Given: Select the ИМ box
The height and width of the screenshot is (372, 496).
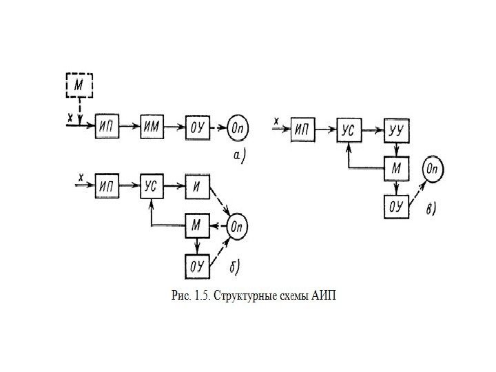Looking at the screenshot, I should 152,127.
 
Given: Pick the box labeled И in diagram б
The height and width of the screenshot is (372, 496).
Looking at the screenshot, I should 196,186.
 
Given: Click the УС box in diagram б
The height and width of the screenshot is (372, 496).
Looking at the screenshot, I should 152,186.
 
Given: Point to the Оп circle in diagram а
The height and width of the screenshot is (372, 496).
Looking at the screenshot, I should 239,127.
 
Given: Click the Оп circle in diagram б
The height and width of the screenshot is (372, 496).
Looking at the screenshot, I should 237,225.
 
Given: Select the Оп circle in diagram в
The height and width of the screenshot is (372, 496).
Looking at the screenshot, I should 434,169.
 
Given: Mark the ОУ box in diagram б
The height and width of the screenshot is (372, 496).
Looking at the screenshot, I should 196,265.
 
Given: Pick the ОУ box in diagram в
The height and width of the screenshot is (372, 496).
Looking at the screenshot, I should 396,206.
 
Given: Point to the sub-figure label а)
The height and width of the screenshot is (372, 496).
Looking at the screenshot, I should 238,157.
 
